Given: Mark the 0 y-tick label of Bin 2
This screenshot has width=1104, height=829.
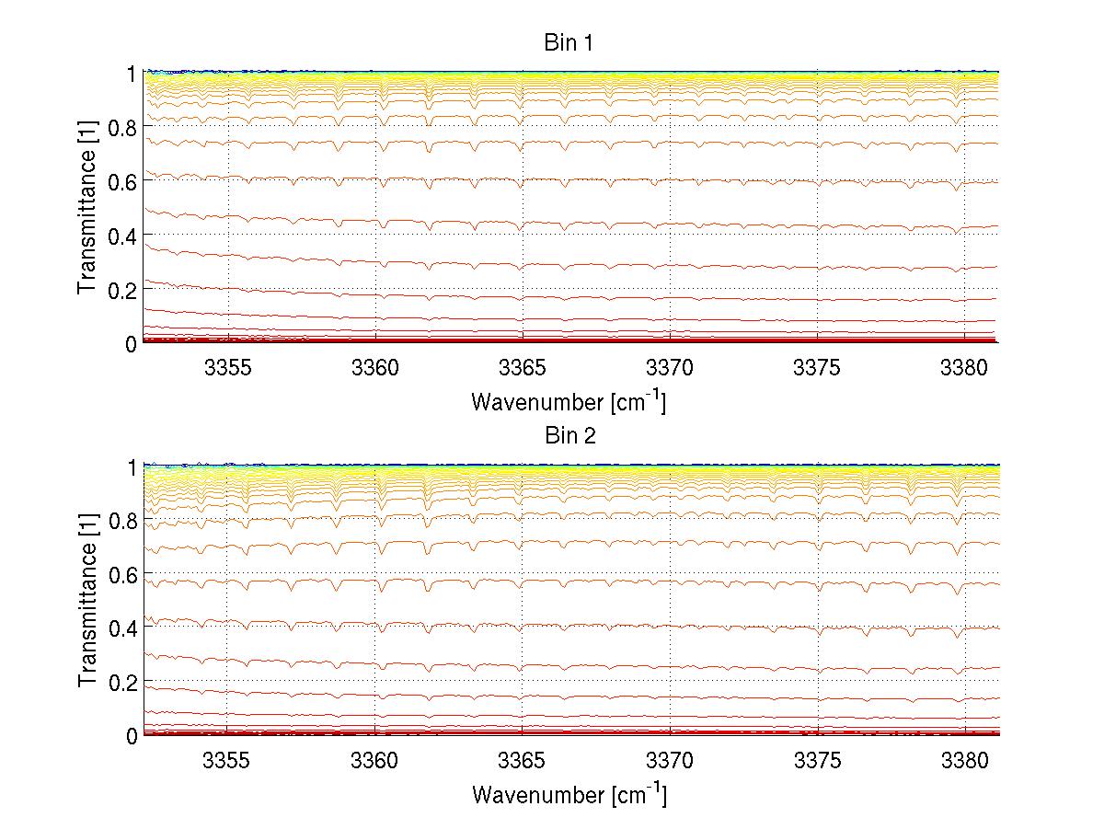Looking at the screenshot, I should pyautogui.click(x=132, y=736).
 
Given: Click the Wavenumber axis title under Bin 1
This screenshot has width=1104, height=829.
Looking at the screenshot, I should pyautogui.click(x=569, y=402).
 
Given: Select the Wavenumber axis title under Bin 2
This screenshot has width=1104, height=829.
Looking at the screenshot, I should pyautogui.click(x=569, y=795).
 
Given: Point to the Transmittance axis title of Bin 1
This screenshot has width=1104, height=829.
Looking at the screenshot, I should pyautogui.click(x=87, y=207).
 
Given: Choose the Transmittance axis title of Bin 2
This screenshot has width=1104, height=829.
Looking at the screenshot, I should pyautogui.click(x=87, y=600).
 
